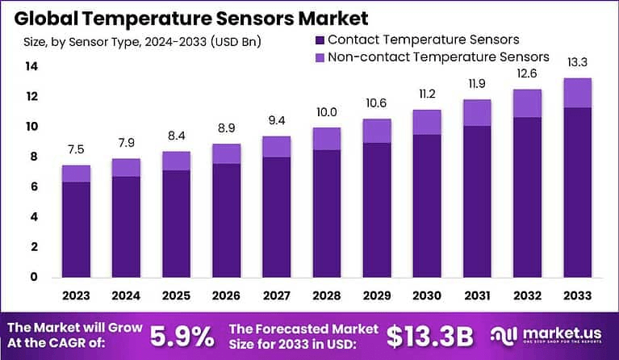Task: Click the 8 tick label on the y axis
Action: tap(32, 157)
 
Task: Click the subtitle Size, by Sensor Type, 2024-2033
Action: tap(142, 41)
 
